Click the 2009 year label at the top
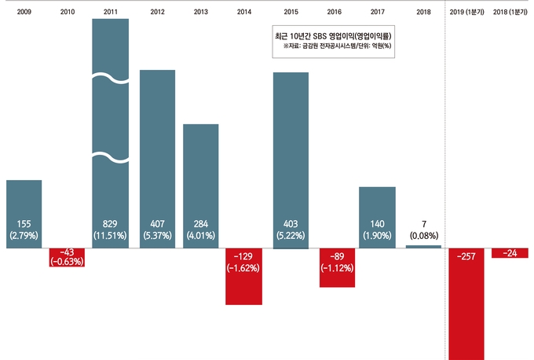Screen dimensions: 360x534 [x=24, y=13]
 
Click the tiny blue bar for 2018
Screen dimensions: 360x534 [x=424, y=247]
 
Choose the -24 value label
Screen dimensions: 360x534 [x=510, y=254]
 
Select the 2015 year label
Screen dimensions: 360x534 [x=291, y=13]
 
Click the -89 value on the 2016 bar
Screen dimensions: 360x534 [x=337, y=256]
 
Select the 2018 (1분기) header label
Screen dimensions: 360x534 [x=510, y=13]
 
